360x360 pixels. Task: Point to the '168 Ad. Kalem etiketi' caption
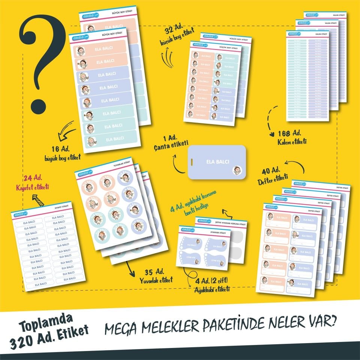tap(292, 138)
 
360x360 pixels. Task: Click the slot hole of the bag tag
tap(192, 162)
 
